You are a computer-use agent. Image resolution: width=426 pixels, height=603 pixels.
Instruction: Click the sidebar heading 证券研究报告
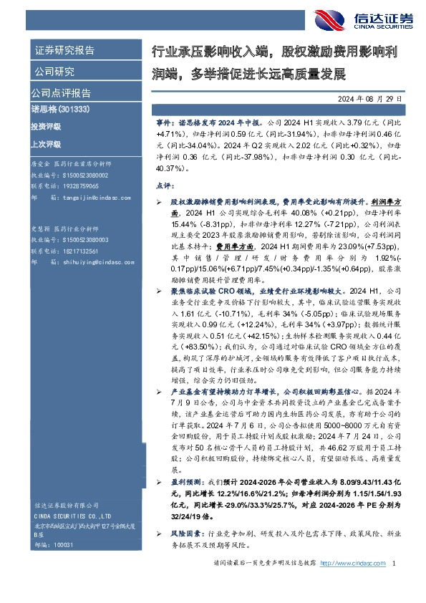(x=64, y=51)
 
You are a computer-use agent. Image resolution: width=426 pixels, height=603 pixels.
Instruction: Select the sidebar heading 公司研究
(x=54, y=72)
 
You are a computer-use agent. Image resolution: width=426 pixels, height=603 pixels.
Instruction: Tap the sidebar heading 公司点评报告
(x=61, y=93)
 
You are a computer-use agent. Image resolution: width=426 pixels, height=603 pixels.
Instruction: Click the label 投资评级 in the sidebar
(x=46, y=126)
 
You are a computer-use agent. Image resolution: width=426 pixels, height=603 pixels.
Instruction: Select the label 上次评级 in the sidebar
(x=46, y=143)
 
